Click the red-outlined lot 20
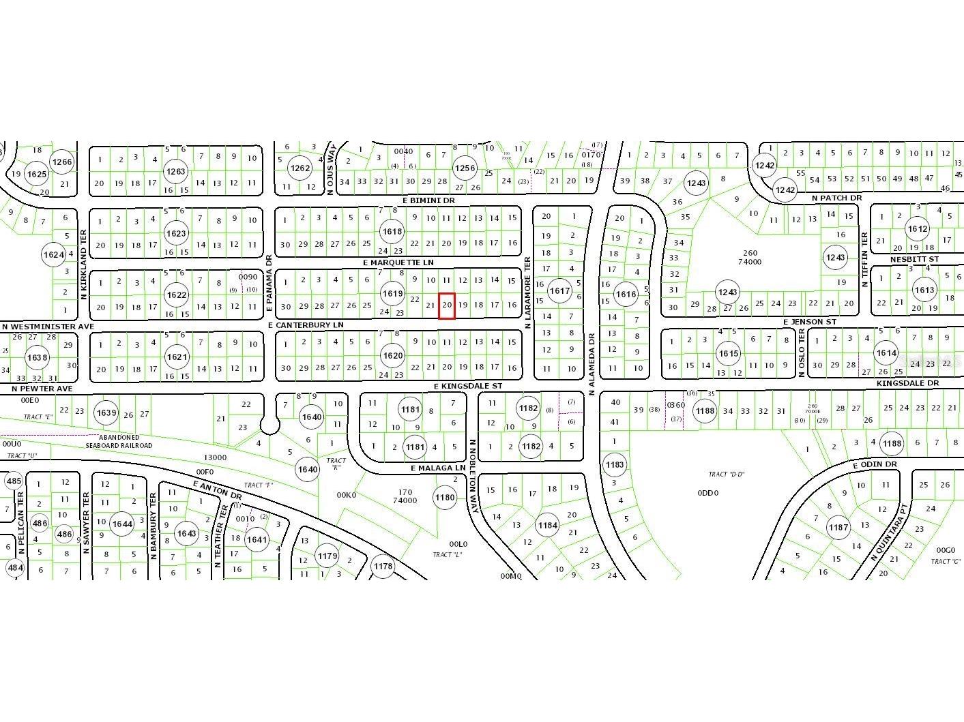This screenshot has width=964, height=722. (x=447, y=305)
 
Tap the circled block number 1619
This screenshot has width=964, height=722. (x=392, y=294)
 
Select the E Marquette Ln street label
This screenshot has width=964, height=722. (x=398, y=262)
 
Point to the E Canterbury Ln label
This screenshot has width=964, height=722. (x=306, y=325)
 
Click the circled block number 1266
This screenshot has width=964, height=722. (x=61, y=162)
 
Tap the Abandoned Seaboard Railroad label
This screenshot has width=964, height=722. (x=119, y=441)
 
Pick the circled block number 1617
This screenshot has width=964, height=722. (x=559, y=290)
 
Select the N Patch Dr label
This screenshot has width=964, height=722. (x=836, y=198)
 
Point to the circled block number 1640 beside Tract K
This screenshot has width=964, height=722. (x=307, y=469)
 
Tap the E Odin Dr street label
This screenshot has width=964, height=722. (x=875, y=464)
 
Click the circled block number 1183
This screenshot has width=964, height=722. (x=615, y=465)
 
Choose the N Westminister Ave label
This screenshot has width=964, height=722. (x=48, y=327)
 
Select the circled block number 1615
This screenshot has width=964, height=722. (x=728, y=353)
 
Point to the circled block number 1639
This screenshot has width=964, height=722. (x=106, y=412)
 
